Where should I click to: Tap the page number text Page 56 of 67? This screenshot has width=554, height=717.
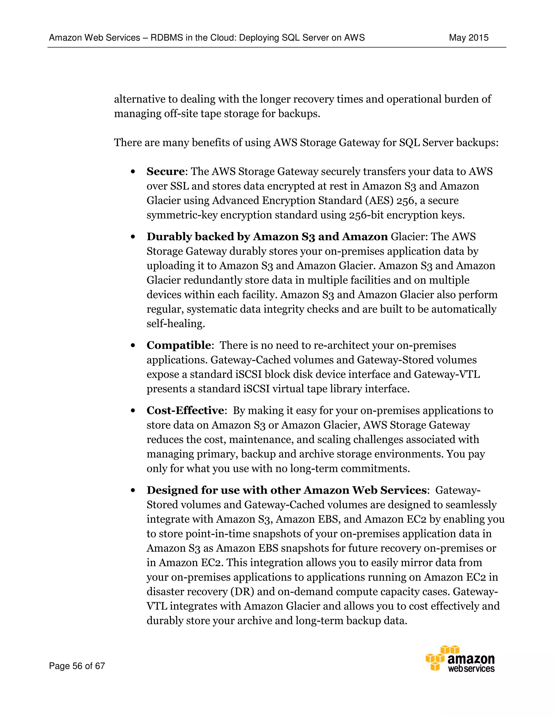point(77,666)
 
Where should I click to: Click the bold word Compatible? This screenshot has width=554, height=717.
point(179,345)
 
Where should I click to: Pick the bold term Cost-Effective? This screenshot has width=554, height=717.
point(185,410)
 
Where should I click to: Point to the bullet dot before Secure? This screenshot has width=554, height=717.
point(133,172)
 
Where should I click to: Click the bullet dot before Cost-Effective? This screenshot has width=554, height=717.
point(133,411)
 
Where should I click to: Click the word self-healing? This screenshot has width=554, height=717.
point(176,324)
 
